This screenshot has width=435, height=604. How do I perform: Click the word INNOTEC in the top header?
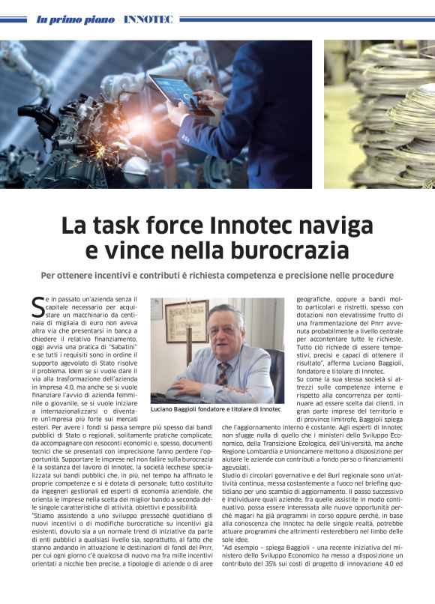coord(148,19)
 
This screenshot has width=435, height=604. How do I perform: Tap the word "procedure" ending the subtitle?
coord(365,275)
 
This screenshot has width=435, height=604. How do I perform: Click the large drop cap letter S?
coord(37,306)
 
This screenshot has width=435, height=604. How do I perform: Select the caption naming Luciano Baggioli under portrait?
coord(215,409)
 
